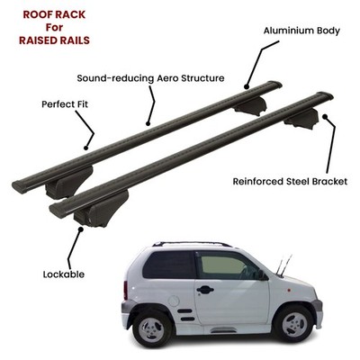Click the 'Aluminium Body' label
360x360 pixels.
tap(301, 31)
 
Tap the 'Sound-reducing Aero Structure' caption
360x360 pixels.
tap(150, 78)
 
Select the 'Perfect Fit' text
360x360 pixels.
tap(65, 104)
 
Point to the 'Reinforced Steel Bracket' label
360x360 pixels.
tap(290, 182)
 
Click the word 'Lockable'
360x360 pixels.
tap(64, 274)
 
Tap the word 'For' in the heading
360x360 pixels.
tap(54, 27)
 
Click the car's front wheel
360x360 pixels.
tap(293, 324)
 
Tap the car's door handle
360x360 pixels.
tap(205, 290)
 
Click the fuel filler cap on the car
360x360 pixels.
tap(174, 301)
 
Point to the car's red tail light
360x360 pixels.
tap(125, 291)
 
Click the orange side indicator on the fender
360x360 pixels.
tap(289, 291)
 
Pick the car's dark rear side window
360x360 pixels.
tap(168, 265)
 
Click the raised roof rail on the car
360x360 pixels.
tap(192, 244)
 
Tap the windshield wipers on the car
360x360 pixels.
tap(283, 265)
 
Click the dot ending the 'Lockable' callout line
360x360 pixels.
tap(80, 229)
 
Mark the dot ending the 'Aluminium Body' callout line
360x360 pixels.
tap(247, 87)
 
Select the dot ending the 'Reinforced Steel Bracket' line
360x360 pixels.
tap(324, 116)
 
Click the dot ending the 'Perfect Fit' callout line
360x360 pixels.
tap(86, 148)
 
